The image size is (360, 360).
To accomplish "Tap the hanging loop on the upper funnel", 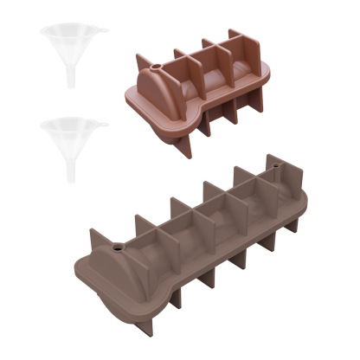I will tap(103, 33).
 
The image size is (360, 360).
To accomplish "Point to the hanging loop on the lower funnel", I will tap(103, 124).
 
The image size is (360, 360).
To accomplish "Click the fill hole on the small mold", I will tap(156, 65).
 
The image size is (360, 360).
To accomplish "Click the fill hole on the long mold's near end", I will tap(114, 245).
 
